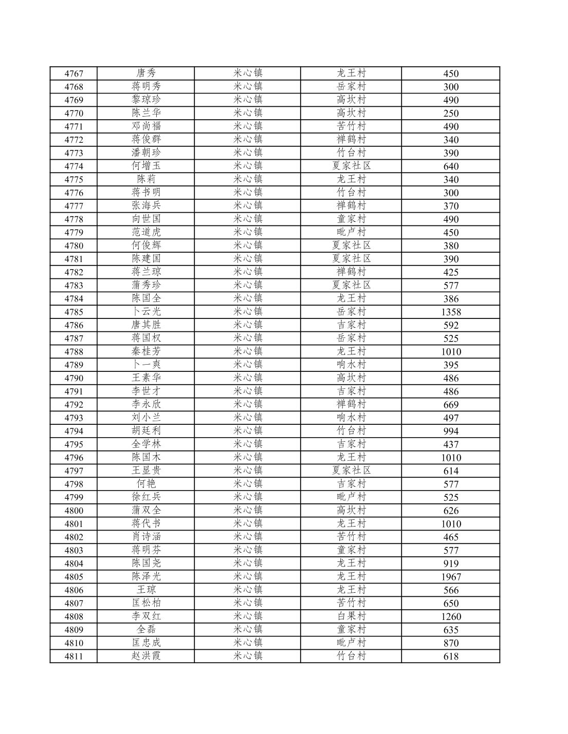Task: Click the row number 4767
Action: tap(74, 73)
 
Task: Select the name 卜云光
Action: tap(146, 312)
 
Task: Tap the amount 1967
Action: tap(451, 577)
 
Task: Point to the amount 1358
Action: tap(451, 312)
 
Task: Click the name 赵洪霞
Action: tap(146, 656)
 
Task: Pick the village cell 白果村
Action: tap(351, 616)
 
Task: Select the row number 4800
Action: tap(74, 511)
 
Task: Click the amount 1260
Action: tap(451, 616)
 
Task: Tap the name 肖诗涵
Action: tap(146, 537)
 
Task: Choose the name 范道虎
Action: tap(146, 232)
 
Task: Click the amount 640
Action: tap(451, 166)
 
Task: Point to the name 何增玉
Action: tap(146, 166)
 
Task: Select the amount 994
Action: tap(451, 431)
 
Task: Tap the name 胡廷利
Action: tap(146, 431)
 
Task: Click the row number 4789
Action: tap(74, 365)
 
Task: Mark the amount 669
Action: tap(451, 404)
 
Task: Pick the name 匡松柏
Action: tap(146, 603)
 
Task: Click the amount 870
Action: tap(451, 643)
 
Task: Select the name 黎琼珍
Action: tap(146, 100)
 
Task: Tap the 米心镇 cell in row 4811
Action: tap(248, 656)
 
